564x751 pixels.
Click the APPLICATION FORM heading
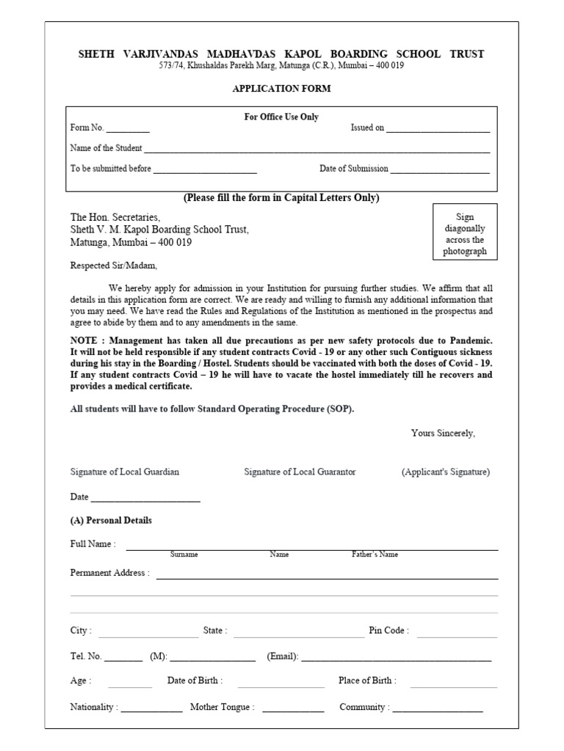(x=281, y=89)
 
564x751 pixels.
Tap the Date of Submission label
(x=353, y=169)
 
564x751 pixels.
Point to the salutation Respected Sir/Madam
(x=114, y=265)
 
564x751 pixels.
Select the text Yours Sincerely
(x=443, y=433)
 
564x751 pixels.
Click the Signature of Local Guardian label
(x=124, y=472)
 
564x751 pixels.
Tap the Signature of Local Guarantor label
(x=300, y=472)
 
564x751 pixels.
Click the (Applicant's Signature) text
(x=445, y=472)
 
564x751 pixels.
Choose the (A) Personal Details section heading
(x=111, y=521)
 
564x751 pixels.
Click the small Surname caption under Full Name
(x=184, y=554)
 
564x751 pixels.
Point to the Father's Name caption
(x=375, y=554)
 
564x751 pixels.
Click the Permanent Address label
(x=109, y=573)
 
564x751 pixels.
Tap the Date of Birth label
(x=195, y=681)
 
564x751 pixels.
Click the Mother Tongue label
(x=222, y=708)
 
